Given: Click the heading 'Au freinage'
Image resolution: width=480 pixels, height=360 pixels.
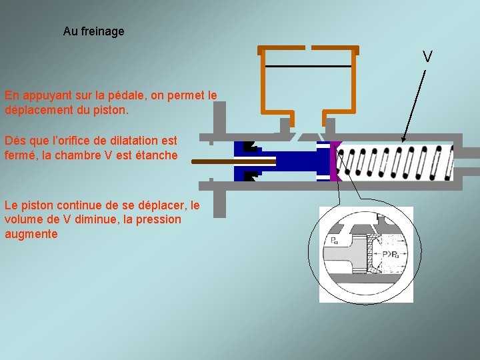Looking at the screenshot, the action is tap(93, 31).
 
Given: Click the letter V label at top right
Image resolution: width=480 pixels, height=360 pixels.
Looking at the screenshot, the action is tap(427, 57).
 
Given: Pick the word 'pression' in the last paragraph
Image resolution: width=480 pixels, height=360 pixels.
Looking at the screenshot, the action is tap(160, 219).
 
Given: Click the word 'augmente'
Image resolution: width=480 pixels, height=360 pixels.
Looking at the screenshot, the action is tap(31, 234).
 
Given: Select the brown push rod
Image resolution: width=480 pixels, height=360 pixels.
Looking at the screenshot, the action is tap(233, 161).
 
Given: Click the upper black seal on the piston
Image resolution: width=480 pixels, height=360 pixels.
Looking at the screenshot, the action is tap(250, 147).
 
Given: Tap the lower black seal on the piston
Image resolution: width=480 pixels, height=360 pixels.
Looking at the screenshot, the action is tap(250, 176).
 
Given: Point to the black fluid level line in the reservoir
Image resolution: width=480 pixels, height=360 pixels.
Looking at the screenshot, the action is tap(308, 66).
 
